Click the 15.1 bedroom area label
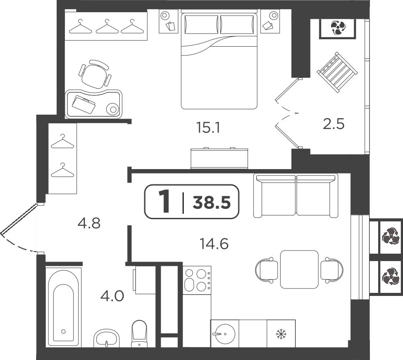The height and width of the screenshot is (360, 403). coord(208,128)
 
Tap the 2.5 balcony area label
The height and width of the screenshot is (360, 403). coord(334,124)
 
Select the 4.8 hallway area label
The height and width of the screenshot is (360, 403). coord(89,223)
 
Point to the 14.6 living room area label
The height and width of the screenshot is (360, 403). coord(214,244)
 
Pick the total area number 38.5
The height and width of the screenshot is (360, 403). coord(212,203)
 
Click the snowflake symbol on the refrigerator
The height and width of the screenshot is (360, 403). coord(281,334)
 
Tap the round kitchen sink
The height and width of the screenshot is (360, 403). coord(225,334)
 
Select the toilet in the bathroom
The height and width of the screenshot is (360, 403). coord(139,333)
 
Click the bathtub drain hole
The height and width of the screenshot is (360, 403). coord(64,332)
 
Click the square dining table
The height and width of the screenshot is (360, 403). coord(299,269)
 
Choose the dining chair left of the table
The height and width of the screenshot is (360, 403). coord(267,270)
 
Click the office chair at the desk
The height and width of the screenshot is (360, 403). coord(95,74)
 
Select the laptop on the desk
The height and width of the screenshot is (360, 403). coord(84,104)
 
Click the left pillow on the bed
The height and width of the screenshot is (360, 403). coord(201,24)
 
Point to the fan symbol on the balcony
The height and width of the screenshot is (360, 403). coord(338,28)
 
